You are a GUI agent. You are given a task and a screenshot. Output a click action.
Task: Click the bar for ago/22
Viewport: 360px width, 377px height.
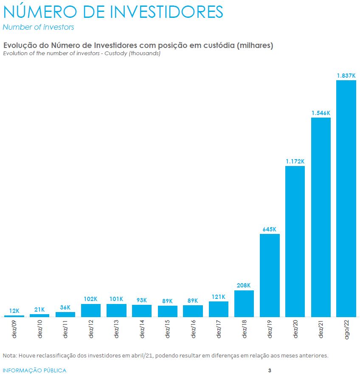346,198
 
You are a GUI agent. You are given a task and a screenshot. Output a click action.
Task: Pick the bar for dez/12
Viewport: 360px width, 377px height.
91,310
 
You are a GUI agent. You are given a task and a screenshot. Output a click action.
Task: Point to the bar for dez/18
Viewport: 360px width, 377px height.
244,304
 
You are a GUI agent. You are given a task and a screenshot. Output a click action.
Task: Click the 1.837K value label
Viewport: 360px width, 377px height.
346,76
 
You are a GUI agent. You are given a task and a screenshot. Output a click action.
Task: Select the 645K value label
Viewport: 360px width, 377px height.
270,229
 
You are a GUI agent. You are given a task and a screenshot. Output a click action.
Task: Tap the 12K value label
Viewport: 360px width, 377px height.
14,311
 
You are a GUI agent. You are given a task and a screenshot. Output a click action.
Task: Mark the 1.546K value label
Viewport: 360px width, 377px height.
321,113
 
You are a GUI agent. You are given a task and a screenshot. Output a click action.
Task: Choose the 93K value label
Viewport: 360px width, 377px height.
142,300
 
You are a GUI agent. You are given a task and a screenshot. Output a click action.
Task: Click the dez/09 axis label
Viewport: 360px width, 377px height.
15,329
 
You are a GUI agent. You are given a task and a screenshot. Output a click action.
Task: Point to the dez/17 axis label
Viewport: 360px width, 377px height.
219,329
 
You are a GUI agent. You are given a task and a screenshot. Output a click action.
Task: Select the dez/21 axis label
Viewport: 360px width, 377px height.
321,329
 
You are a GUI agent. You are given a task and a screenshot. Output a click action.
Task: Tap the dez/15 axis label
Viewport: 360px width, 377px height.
168,329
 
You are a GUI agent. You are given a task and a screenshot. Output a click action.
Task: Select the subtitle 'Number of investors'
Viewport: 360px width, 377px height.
38,27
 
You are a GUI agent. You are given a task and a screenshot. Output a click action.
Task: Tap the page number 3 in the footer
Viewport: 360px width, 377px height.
270,370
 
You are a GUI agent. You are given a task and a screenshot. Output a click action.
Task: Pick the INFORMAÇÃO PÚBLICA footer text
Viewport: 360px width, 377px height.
34,370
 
